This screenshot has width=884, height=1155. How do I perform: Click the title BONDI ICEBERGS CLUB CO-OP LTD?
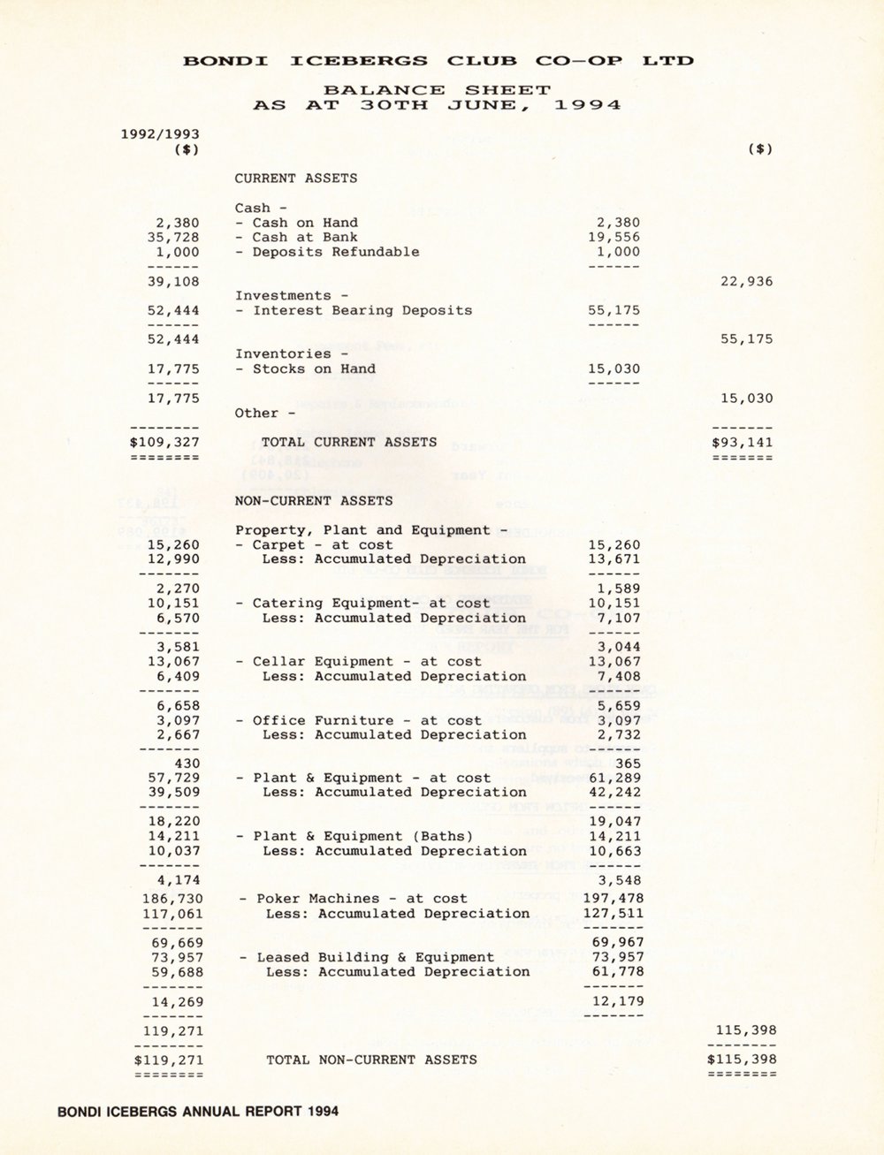coord(438,61)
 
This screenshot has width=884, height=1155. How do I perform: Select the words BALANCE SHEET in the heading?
coord(437,89)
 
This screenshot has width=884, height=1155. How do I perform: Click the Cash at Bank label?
coord(296,237)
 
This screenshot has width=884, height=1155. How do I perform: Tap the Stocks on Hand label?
coord(305,369)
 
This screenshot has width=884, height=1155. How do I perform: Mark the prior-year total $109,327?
coord(164,442)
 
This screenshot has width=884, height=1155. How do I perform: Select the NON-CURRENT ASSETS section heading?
coord(313,500)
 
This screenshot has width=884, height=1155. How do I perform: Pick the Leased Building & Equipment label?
coord(367,957)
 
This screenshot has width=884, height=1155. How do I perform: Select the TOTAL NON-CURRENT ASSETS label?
coord(371,1060)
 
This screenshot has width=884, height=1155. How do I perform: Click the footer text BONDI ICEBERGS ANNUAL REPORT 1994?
coord(197,1111)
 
